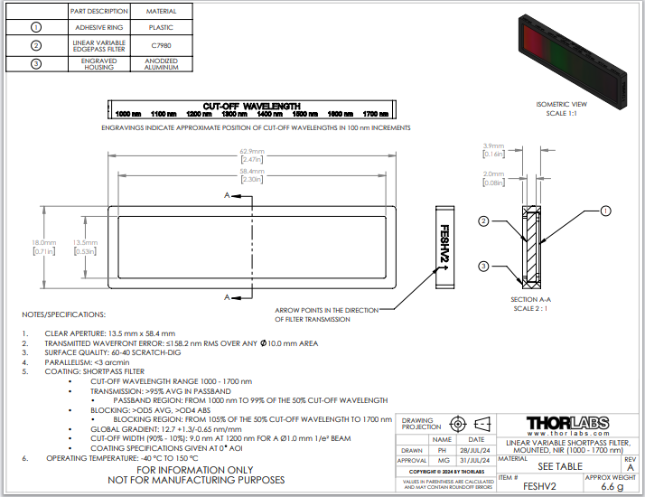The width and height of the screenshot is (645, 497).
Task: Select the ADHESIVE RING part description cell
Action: (x=99, y=28)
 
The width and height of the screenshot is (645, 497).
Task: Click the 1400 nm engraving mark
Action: (x=270, y=115)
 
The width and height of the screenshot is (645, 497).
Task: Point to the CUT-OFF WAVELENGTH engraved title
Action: (x=251, y=106)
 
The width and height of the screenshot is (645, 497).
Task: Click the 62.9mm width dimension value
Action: (x=252, y=151)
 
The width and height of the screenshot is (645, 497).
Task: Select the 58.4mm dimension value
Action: (x=252, y=171)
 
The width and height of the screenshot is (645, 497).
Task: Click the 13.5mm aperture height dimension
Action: (x=84, y=243)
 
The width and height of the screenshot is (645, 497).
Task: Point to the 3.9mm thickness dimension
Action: (x=493, y=146)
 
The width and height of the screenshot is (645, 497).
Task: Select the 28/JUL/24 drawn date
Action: (x=476, y=449)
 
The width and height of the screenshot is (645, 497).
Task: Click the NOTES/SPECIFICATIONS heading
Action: (x=64, y=314)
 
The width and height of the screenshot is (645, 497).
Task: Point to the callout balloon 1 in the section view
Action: (x=606, y=211)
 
